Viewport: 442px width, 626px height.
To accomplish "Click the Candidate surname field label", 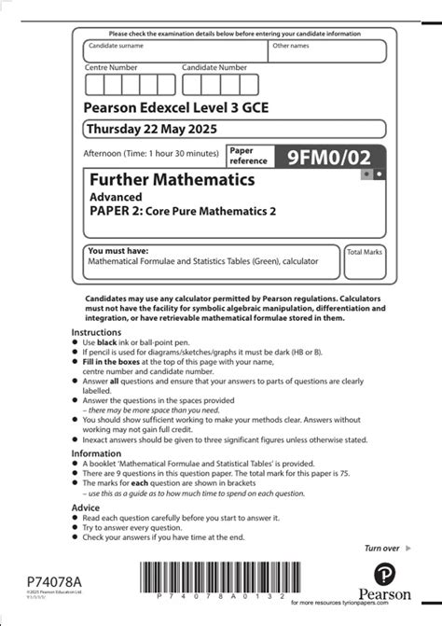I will (116, 45).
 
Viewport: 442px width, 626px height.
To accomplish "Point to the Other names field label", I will (290, 45).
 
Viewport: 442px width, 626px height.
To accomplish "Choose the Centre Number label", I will (111, 67).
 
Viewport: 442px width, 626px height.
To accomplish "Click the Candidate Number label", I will (214, 67).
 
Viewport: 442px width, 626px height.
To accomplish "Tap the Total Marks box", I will (365, 266).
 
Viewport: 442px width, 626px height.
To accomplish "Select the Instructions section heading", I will (97, 332).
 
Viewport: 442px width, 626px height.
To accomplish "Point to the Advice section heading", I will (87, 508).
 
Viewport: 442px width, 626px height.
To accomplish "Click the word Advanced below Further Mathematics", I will (116, 197).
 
